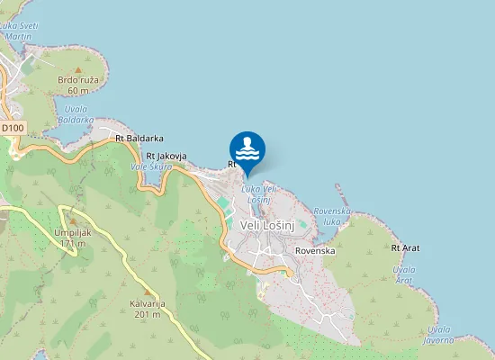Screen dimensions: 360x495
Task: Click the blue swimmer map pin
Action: [247, 148]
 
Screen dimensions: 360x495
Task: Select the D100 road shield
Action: [13, 129]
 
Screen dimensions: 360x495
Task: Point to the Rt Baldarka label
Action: [139, 139]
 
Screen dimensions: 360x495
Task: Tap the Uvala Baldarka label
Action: [76, 114]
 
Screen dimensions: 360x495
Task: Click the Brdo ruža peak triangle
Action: [77, 69]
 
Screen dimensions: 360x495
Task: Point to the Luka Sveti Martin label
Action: [22, 31]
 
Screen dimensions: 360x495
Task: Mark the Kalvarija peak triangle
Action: [147, 292]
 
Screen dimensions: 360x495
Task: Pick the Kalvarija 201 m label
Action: [147, 308]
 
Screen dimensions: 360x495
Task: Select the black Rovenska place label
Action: [315, 251]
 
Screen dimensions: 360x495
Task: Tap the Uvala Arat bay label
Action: [405, 274]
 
